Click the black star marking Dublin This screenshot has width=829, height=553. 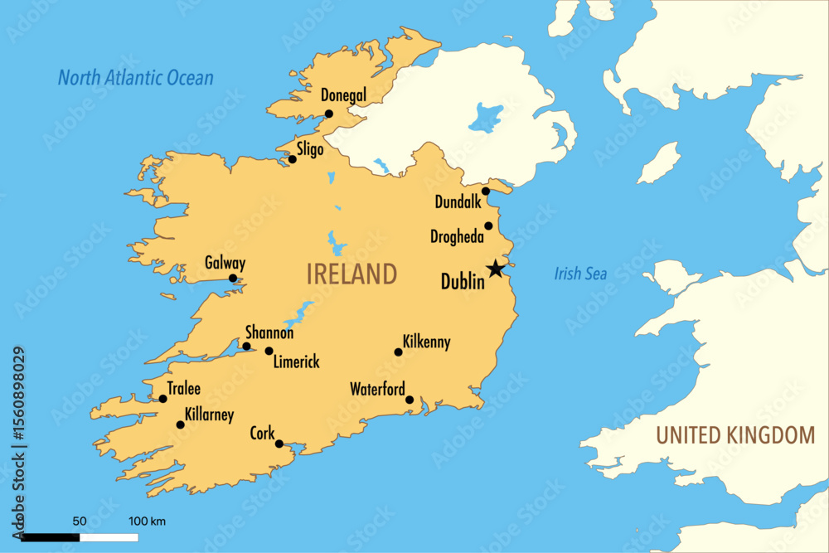495,269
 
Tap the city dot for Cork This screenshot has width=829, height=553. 279,444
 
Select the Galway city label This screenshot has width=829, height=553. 225,264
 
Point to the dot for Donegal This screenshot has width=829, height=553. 329,114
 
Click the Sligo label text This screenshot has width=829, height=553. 310,150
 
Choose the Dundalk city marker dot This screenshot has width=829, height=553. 486,191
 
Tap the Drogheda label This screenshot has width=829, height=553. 457,237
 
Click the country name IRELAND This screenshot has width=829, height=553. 351,274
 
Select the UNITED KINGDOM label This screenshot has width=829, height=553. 736,434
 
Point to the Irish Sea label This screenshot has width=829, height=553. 580,274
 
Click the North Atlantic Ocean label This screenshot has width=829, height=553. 135,79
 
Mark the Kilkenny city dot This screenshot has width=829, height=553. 398,352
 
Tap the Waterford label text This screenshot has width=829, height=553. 377,389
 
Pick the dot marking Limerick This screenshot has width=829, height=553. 269,351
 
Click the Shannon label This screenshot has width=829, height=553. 269,332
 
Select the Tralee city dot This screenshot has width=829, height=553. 162,399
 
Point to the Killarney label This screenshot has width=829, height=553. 210,415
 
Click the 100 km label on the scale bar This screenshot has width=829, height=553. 148,521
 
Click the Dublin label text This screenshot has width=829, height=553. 463,283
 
